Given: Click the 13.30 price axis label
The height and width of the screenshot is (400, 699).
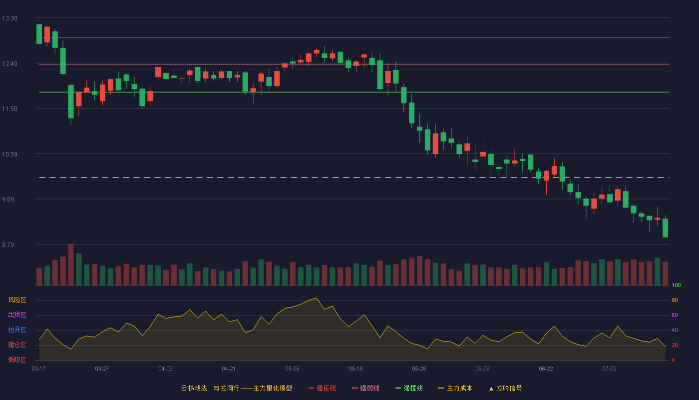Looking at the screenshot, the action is click(x=9, y=18).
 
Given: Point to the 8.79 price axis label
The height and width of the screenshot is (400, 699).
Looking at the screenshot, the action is click(x=8, y=244).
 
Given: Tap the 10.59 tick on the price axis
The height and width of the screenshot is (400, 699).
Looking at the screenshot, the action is click(x=9, y=154).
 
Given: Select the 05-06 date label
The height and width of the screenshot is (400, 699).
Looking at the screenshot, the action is click(x=292, y=369).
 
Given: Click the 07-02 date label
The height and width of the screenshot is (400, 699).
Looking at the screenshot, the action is click(x=609, y=369).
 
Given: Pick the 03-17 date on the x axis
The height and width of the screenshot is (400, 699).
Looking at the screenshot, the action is click(x=39, y=369).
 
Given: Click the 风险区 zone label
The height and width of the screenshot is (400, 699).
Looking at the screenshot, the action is click(x=17, y=300).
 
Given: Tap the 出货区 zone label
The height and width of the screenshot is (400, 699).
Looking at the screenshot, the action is click(x=17, y=314).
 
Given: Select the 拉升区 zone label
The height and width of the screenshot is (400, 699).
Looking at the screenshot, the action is click(x=17, y=329).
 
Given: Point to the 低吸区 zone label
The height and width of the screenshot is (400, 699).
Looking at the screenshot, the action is click(x=17, y=359).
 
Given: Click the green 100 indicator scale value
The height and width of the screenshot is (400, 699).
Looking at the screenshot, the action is click(x=676, y=285).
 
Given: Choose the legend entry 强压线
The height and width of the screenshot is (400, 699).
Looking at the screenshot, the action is click(x=322, y=388).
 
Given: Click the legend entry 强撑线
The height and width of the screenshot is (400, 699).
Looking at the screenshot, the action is click(x=409, y=388).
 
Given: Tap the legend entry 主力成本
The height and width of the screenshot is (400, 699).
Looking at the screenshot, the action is click(x=455, y=388).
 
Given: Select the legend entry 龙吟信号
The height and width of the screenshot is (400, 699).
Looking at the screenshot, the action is click(x=505, y=388).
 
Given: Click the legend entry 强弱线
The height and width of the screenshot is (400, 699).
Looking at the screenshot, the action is click(x=365, y=388).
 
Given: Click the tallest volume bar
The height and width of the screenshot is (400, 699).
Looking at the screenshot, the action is click(x=71, y=264).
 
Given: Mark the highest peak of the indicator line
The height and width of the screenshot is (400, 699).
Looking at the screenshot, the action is click(x=317, y=298).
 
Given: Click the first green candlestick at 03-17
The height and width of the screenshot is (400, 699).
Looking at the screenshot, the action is click(x=39, y=34).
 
